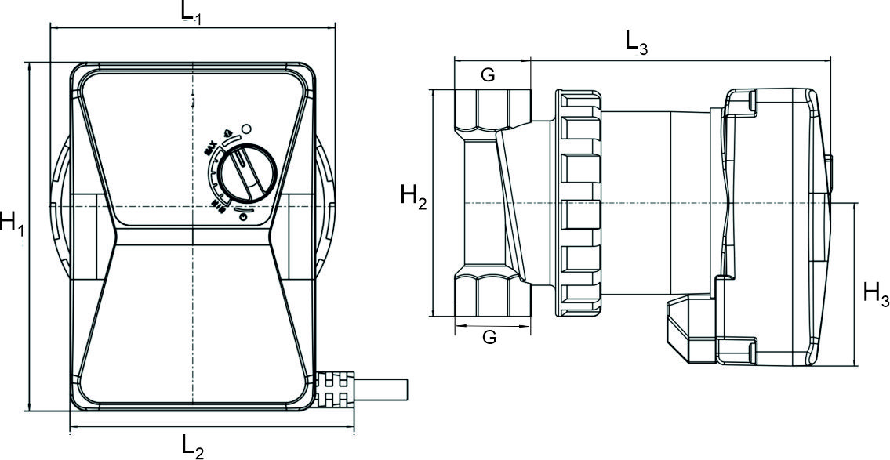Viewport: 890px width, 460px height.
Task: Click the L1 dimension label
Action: click(x=193, y=12)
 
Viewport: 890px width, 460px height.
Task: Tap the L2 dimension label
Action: click(x=193, y=447)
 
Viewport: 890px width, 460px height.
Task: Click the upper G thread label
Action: click(x=488, y=74)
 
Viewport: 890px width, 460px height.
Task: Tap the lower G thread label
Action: click(x=489, y=337)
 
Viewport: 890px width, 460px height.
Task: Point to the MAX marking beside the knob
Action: click(x=210, y=147)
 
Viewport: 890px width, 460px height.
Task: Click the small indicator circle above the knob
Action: click(x=245, y=128)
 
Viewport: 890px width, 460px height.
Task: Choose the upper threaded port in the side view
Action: click(x=492, y=110)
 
